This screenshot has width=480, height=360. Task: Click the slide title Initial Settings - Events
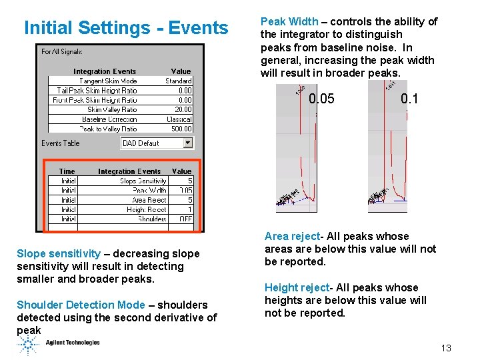click(x=126, y=28)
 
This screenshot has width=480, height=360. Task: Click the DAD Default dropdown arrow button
click(x=187, y=143)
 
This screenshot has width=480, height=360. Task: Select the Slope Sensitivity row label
click(x=143, y=181)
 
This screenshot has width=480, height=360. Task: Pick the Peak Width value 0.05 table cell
click(x=181, y=190)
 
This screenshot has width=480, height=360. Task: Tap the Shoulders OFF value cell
click(x=181, y=219)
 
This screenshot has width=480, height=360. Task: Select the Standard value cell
click(x=178, y=81)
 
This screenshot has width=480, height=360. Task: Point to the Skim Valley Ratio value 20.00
click(x=182, y=109)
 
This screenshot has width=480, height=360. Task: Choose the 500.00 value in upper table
click(x=181, y=129)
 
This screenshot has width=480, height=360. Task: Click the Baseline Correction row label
click(x=109, y=119)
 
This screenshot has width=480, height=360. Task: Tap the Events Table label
click(x=60, y=143)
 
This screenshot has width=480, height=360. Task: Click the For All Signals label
click(x=62, y=51)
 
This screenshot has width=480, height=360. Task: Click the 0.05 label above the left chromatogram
click(x=322, y=99)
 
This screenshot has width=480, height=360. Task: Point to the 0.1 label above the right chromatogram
click(x=409, y=99)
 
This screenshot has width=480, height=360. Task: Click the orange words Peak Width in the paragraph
click(x=289, y=21)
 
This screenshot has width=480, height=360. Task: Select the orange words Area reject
click(x=293, y=236)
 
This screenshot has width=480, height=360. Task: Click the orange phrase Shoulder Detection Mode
click(x=80, y=305)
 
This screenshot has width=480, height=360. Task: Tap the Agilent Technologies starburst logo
click(x=29, y=344)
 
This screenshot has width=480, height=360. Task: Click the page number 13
click(x=446, y=348)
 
